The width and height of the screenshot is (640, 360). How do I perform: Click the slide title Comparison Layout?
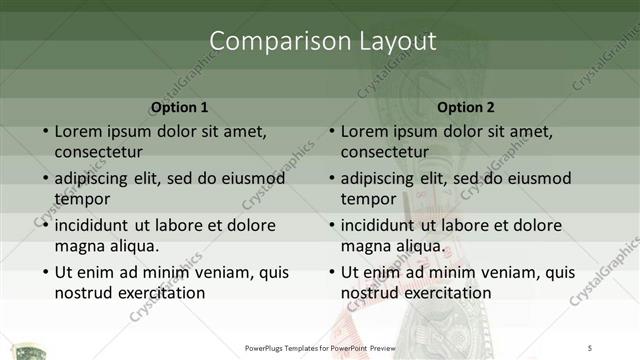pos(324,41)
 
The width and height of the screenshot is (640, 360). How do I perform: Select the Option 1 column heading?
pos(180,106)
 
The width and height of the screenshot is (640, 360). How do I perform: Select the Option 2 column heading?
pos(466,106)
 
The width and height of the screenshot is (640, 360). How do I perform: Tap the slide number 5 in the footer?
pos(591,347)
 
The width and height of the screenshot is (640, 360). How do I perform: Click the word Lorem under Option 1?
pos(78,131)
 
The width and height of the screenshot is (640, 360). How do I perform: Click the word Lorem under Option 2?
pos(364,131)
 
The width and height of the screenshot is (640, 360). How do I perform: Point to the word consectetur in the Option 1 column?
pos(98,152)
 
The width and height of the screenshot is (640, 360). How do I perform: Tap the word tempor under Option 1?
pos(82,199)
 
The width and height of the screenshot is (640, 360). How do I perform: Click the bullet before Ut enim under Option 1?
pos(44,272)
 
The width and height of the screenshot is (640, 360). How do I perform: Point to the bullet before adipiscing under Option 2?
pos(330,178)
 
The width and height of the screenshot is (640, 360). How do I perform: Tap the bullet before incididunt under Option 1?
pos(44,225)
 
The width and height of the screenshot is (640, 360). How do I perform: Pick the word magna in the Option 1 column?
pos(79,246)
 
